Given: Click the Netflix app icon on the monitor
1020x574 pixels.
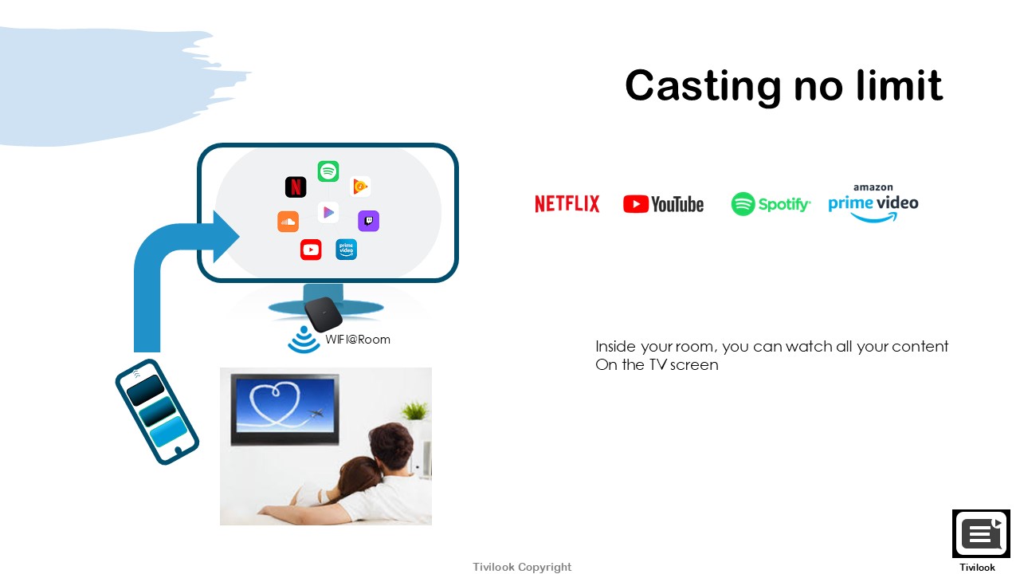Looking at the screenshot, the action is click(x=296, y=187).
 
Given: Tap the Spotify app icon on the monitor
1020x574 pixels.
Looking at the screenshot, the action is click(x=328, y=171).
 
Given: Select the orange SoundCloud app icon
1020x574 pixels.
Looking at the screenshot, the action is click(x=288, y=222).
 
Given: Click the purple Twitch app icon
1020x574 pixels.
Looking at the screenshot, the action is click(x=368, y=221).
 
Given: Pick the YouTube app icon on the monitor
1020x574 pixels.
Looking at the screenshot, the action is click(x=311, y=250).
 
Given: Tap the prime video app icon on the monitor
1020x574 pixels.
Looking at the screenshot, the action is click(x=346, y=250).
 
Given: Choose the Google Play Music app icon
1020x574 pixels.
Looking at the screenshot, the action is click(x=360, y=187).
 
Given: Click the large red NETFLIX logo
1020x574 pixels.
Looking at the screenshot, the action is click(x=567, y=203).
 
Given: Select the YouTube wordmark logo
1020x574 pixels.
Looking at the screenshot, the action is click(x=664, y=204).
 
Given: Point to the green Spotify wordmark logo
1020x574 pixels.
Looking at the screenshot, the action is click(x=771, y=203).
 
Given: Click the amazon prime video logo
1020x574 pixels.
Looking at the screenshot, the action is click(x=873, y=203).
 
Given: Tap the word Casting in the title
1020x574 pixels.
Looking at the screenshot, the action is click(x=703, y=86).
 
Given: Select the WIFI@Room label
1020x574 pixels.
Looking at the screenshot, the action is click(x=358, y=340).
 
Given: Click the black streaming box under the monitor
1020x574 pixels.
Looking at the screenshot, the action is click(x=324, y=314).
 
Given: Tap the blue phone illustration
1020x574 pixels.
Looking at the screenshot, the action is click(x=157, y=412).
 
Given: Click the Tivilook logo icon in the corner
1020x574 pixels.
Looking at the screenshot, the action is click(x=981, y=533).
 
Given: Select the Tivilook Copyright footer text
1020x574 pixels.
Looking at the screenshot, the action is click(x=522, y=567).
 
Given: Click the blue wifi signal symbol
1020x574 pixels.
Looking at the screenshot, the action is click(x=304, y=340).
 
